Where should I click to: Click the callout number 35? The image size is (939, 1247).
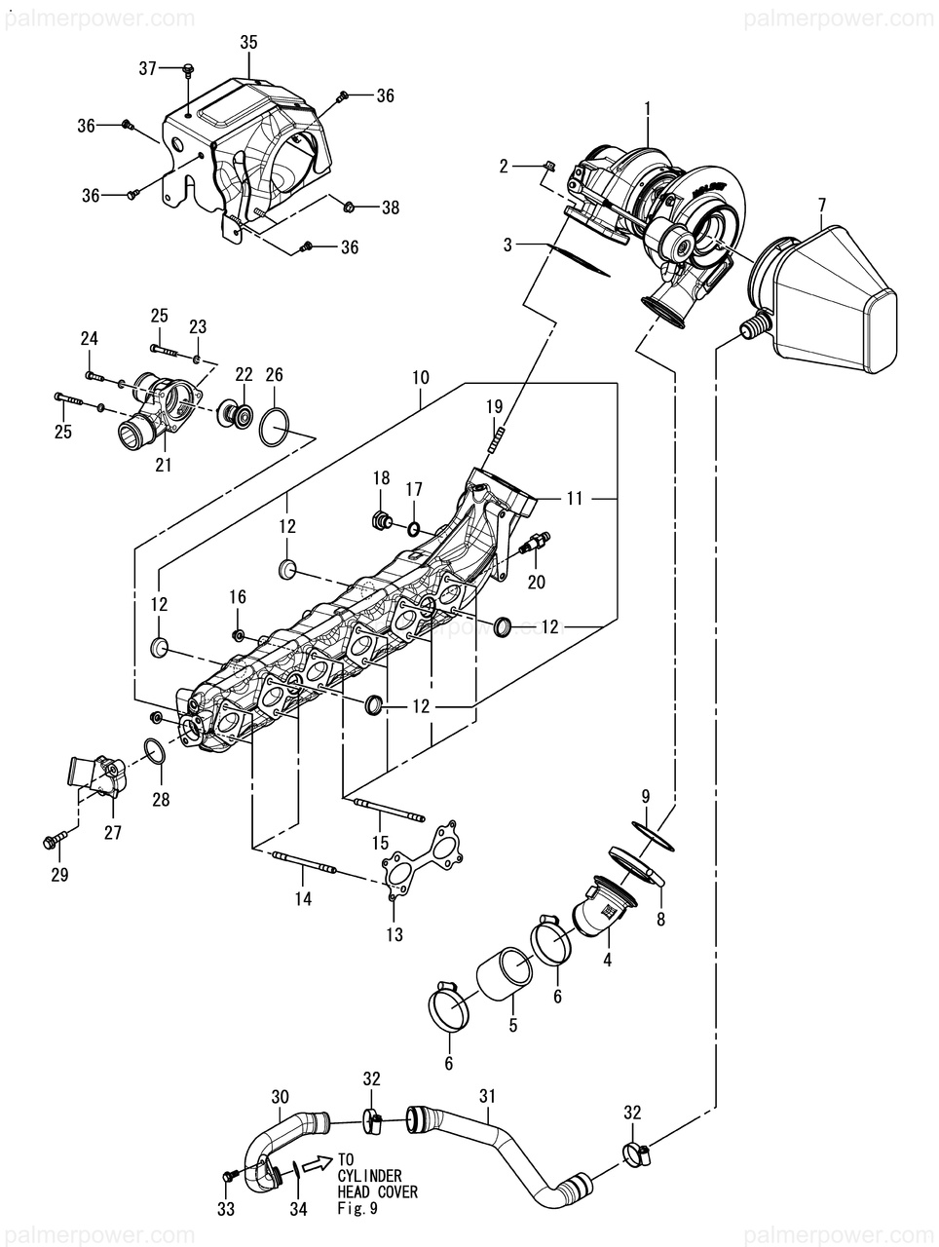click(x=248, y=43)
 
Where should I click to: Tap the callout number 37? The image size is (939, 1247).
click(x=148, y=69)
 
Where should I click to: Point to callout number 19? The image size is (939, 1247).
click(x=494, y=407)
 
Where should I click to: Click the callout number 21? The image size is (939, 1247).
click(x=163, y=465)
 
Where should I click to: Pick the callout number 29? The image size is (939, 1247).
click(x=59, y=874)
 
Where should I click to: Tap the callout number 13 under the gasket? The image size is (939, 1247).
click(x=394, y=934)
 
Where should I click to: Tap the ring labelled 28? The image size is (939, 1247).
click(x=157, y=752)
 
